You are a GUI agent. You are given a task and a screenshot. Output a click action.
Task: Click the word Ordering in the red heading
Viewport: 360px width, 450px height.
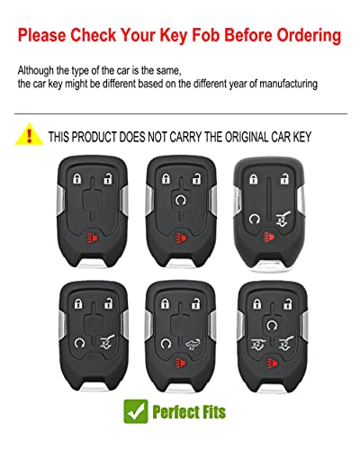[x=302, y=37]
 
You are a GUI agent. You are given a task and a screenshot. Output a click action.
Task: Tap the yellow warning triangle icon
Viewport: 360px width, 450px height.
[x=29, y=137]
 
